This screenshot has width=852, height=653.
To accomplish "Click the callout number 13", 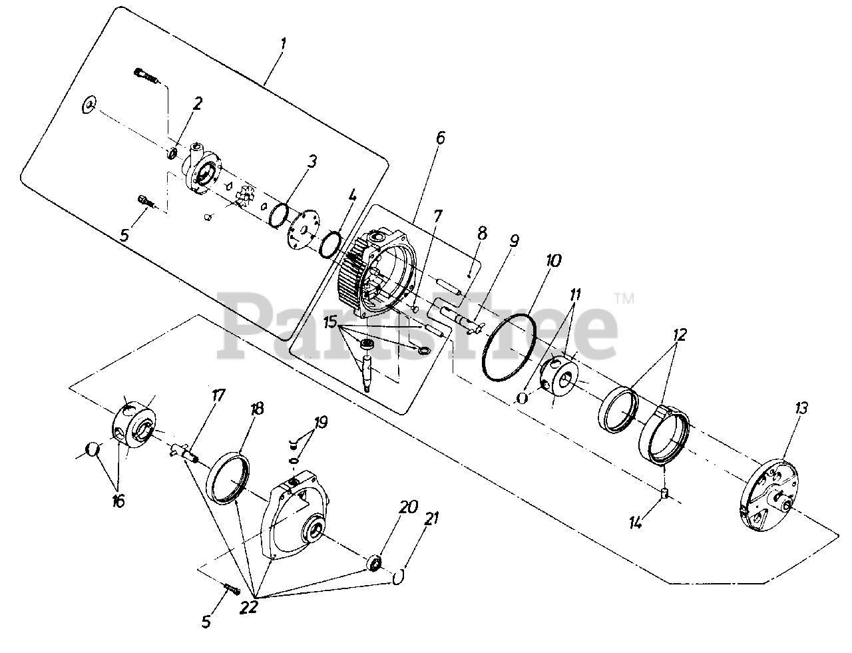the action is [x=801, y=408].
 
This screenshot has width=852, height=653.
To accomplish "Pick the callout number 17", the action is [x=218, y=395].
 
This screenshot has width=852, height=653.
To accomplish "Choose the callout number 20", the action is [x=408, y=507].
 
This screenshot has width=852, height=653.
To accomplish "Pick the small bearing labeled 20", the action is [x=375, y=563].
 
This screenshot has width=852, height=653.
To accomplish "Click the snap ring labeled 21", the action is [x=399, y=576].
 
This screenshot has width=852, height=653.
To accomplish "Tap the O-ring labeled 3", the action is [x=280, y=214].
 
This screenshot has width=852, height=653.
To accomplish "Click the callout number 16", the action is [x=118, y=501].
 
